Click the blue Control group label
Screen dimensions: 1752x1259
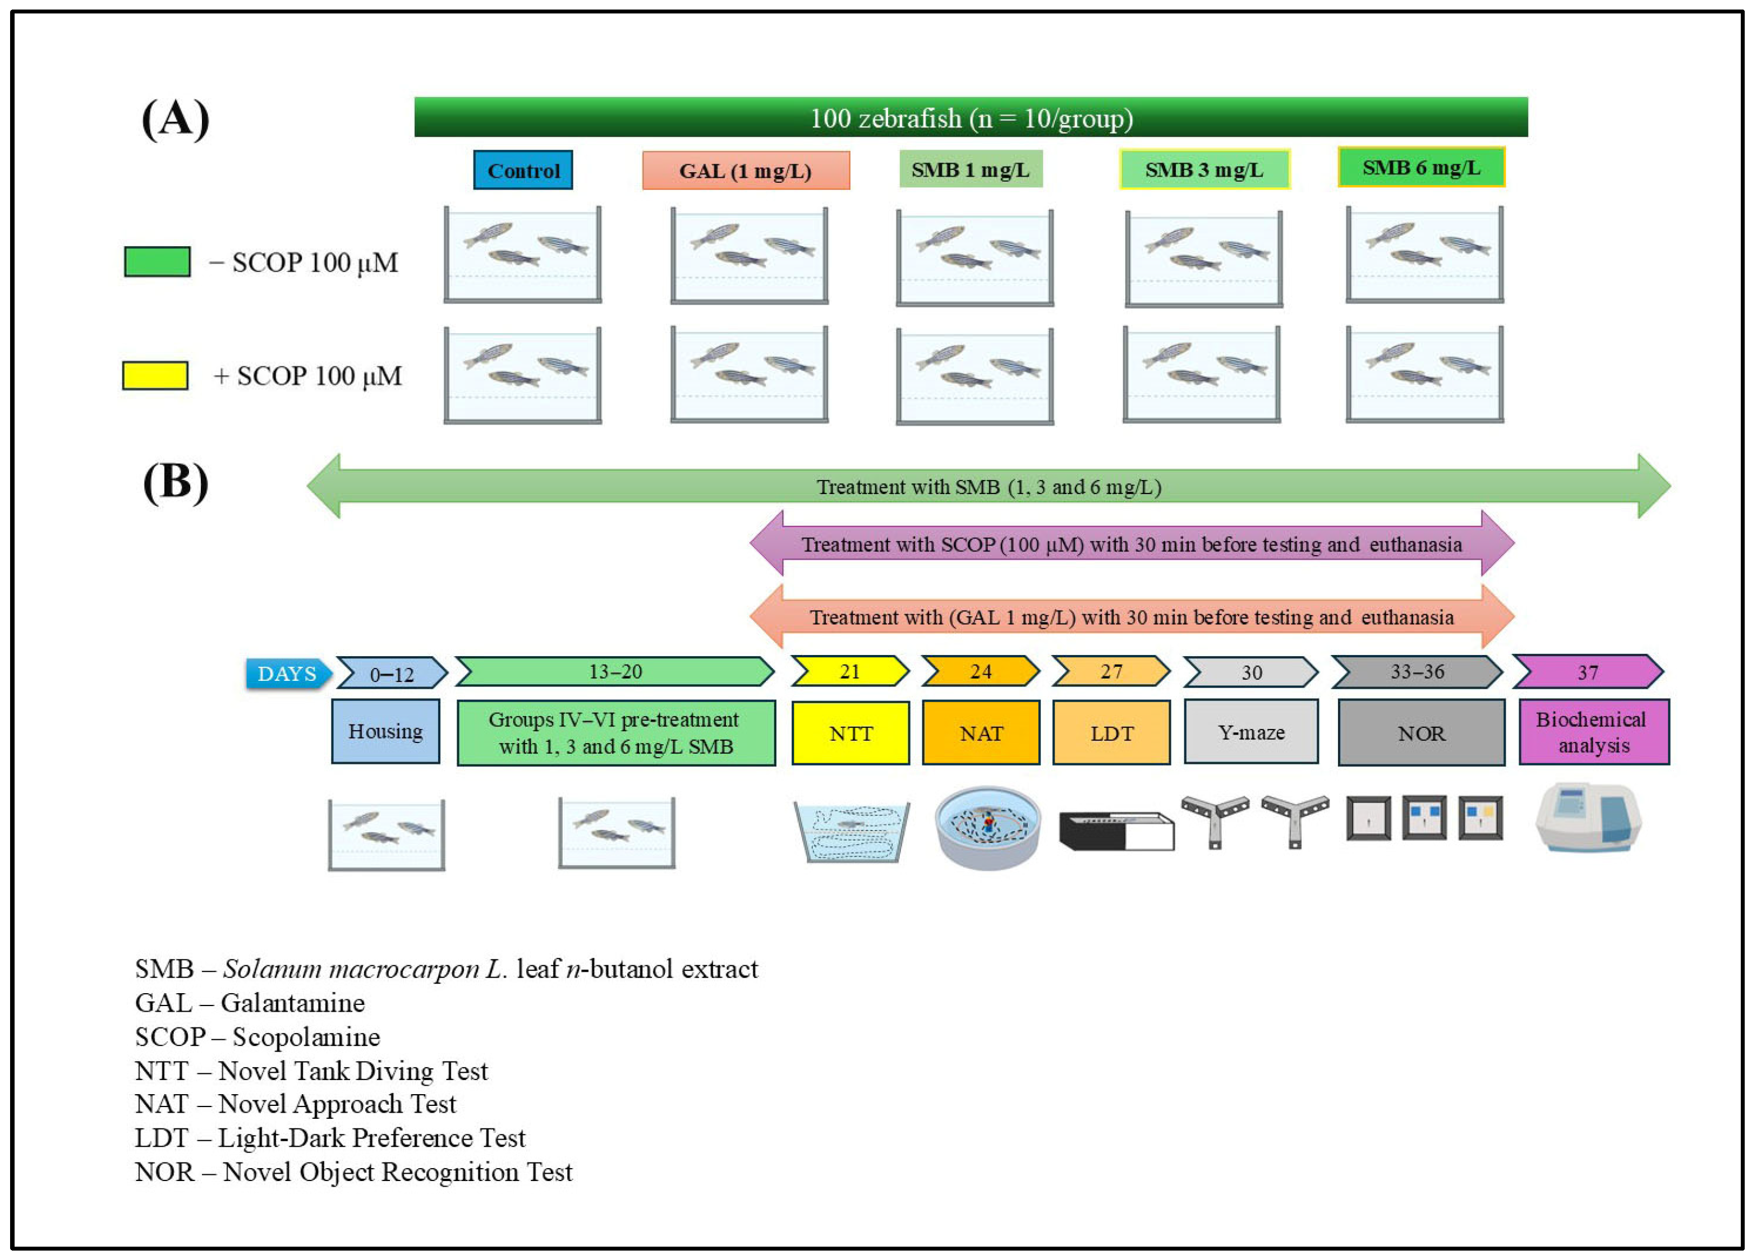[523, 170]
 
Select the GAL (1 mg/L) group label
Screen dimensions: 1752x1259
[746, 170]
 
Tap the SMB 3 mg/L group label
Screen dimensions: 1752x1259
[1204, 169]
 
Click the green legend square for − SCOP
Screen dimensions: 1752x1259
[158, 262]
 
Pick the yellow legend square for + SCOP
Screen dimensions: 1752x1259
[155, 375]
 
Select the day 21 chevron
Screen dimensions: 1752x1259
[850, 671]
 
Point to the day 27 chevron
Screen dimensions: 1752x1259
[1111, 671]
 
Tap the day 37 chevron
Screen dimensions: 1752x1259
[1588, 672]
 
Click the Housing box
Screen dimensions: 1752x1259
[385, 731]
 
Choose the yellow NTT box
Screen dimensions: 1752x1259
[850, 733]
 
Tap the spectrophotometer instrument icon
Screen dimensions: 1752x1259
[1588, 819]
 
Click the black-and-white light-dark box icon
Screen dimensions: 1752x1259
[1116, 831]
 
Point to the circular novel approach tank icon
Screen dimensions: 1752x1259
[987, 828]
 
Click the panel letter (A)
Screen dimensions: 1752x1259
[176, 119]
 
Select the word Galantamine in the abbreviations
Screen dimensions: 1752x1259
[293, 1003]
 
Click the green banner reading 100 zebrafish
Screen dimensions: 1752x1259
[971, 117]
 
